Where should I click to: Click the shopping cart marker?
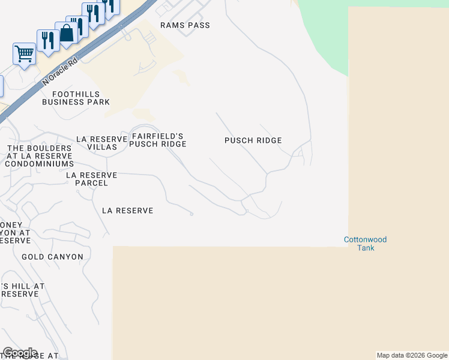pyautogui.click(x=24, y=54)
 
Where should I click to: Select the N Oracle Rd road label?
pyautogui.click(x=61, y=71)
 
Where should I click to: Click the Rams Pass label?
pyautogui.click(x=185, y=25)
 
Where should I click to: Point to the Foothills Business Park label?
pyautogui.click(x=76, y=98)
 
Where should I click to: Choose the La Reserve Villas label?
pyautogui.click(x=101, y=143)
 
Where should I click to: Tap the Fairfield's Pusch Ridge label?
pyautogui.click(x=158, y=140)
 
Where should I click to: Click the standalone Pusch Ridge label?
pyautogui.click(x=253, y=140)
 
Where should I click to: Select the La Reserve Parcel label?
pyautogui.click(x=91, y=179)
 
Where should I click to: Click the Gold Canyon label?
pyautogui.click(x=52, y=257)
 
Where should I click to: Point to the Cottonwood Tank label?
pyautogui.click(x=365, y=244)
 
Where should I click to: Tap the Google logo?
pyautogui.click(x=20, y=353)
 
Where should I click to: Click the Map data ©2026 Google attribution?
pyautogui.click(x=412, y=355)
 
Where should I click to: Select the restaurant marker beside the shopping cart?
pyautogui.click(x=47, y=40)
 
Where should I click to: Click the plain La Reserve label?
pyautogui.click(x=127, y=211)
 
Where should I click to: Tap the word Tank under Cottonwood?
pyautogui.click(x=365, y=248)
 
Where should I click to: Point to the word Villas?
pyautogui.click(x=101, y=147)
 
